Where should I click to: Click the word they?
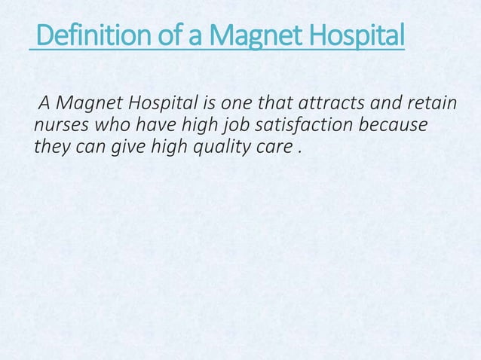(x=50, y=145)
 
